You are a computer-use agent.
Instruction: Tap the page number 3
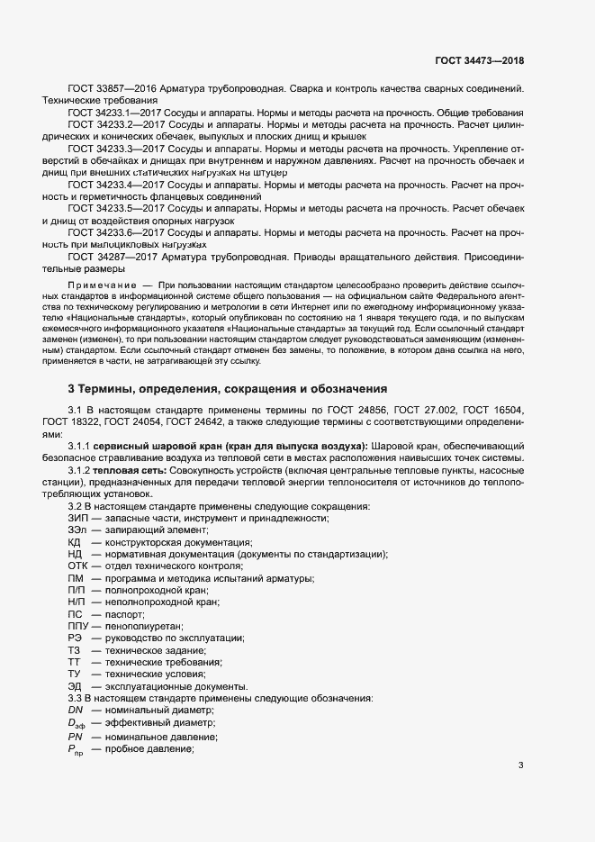[521, 765]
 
